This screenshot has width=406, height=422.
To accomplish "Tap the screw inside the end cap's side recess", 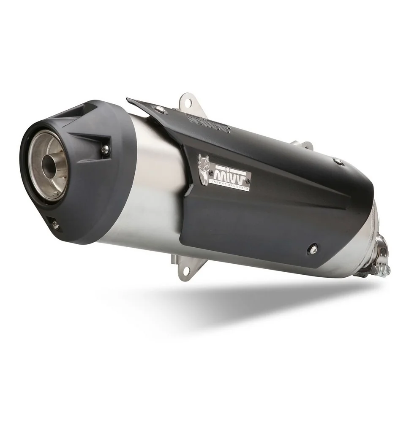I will [x=105, y=148].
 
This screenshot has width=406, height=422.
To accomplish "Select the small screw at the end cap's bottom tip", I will [x=55, y=224].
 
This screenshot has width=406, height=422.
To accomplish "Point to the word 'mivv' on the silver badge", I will [x=231, y=175].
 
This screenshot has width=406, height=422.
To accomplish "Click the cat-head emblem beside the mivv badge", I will [x=204, y=167].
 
